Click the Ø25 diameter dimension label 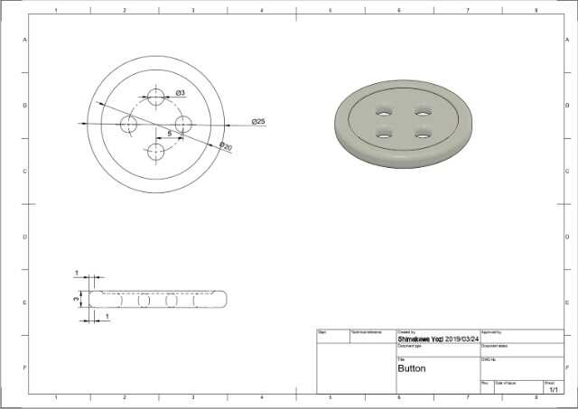(x=257, y=122)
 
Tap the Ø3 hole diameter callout (x=181, y=93)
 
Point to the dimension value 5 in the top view (x=169, y=133)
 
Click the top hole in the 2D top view (x=156, y=97)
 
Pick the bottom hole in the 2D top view (x=156, y=151)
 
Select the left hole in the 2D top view (x=128, y=124)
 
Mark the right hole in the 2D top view (x=183, y=124)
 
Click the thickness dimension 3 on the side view (x=76, y=297)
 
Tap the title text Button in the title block (x=412, y=368)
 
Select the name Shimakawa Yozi (x=420, y=339)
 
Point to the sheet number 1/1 (x=554, y=389)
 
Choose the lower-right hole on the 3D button (x=421, y=134)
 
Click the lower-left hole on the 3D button (x=383, y=134)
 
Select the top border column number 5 (x=331, y=10)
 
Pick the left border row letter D (x=24, y=237)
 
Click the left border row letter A (x=24, y=41)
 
